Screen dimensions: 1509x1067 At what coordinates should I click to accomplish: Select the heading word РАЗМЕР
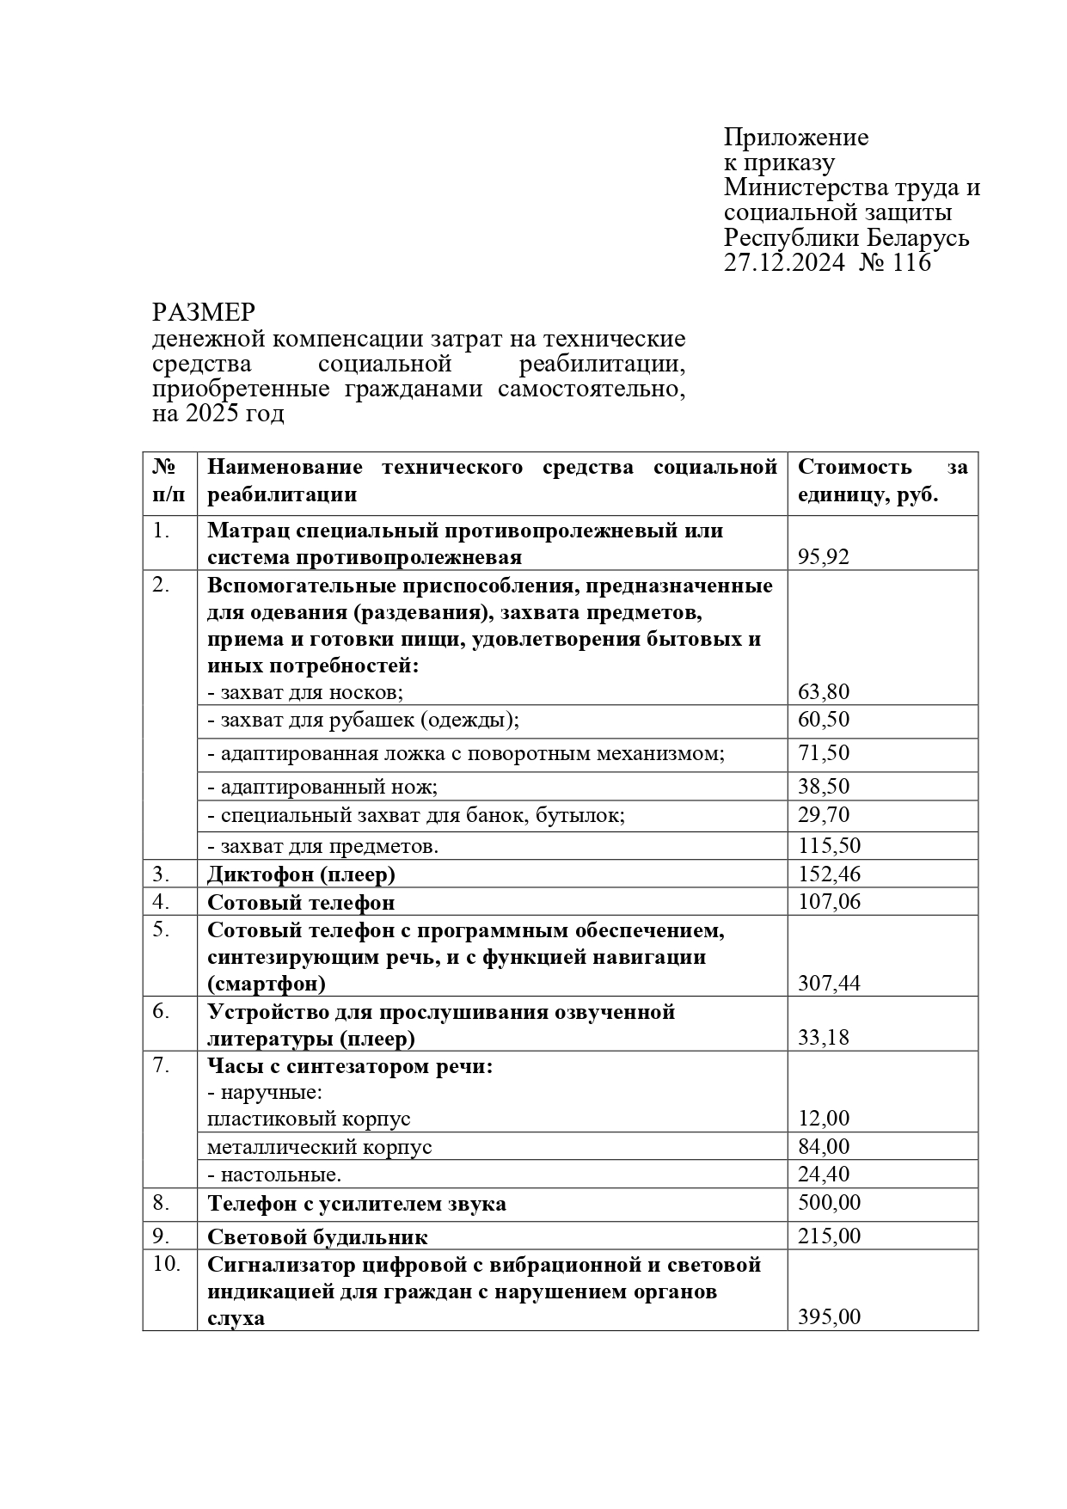[204, 312]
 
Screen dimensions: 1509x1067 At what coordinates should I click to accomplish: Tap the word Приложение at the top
[795, 138]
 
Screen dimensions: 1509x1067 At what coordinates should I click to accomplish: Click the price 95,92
[823, 557]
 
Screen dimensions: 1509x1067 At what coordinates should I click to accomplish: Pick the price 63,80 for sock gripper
[823, 692]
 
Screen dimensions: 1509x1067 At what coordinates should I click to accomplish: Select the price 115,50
[829, 846]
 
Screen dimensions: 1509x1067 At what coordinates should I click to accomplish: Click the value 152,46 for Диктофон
[829, 874]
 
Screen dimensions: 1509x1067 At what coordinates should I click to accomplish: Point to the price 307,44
[829, 984]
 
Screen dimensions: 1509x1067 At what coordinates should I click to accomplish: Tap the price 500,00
[829, 1203]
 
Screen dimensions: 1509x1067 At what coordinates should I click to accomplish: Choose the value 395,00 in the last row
[829, 1317]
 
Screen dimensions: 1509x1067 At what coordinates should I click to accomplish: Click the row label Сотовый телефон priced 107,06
[301, 902]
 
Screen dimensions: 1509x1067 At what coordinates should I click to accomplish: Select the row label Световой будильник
[317, 1237]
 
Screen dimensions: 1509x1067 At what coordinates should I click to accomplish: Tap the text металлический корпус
[319, 1147]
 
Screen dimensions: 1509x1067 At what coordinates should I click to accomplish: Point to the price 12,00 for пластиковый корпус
[823, 1119]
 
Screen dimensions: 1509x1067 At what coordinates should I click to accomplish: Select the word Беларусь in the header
[918, 237]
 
